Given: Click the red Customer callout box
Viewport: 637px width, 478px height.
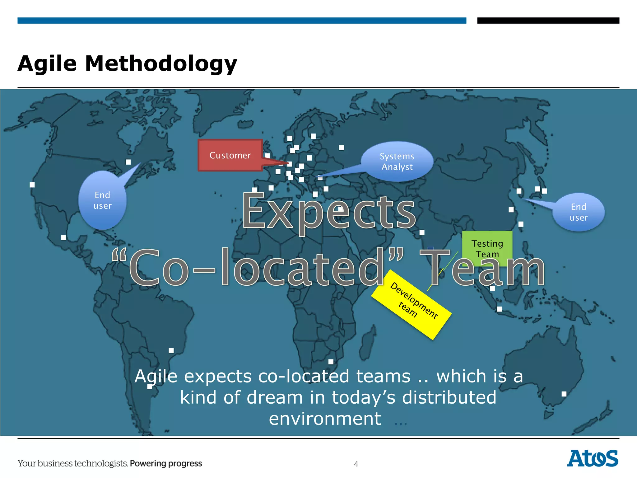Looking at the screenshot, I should tap(230, 155).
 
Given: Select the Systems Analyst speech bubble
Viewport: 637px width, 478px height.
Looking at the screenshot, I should tap(397, 162).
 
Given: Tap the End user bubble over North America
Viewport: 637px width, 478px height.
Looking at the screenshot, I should tap(102, 200).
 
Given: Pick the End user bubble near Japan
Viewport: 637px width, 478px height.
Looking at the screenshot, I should tap(579, 212).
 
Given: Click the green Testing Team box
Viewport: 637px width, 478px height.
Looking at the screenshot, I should tap(487, 248).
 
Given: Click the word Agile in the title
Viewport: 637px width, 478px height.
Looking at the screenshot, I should tap(47, 64).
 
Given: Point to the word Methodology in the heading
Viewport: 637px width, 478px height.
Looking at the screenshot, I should tap(161, 64).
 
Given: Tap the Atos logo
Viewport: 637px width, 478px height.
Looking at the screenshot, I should tap(593, 458).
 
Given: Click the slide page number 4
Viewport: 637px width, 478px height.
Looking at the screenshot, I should tap(356, 464).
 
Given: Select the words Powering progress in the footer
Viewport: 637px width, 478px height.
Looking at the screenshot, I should tap(166, 463).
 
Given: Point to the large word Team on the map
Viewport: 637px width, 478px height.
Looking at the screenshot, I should tap(482, 268).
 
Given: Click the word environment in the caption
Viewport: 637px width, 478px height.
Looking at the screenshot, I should tap(325, 419).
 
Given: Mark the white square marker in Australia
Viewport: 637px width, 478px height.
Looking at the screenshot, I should tap(564, 394).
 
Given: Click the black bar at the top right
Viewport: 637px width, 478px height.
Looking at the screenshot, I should tap(548, 21).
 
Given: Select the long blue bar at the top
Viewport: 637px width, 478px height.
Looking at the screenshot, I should tap(242, 21).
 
